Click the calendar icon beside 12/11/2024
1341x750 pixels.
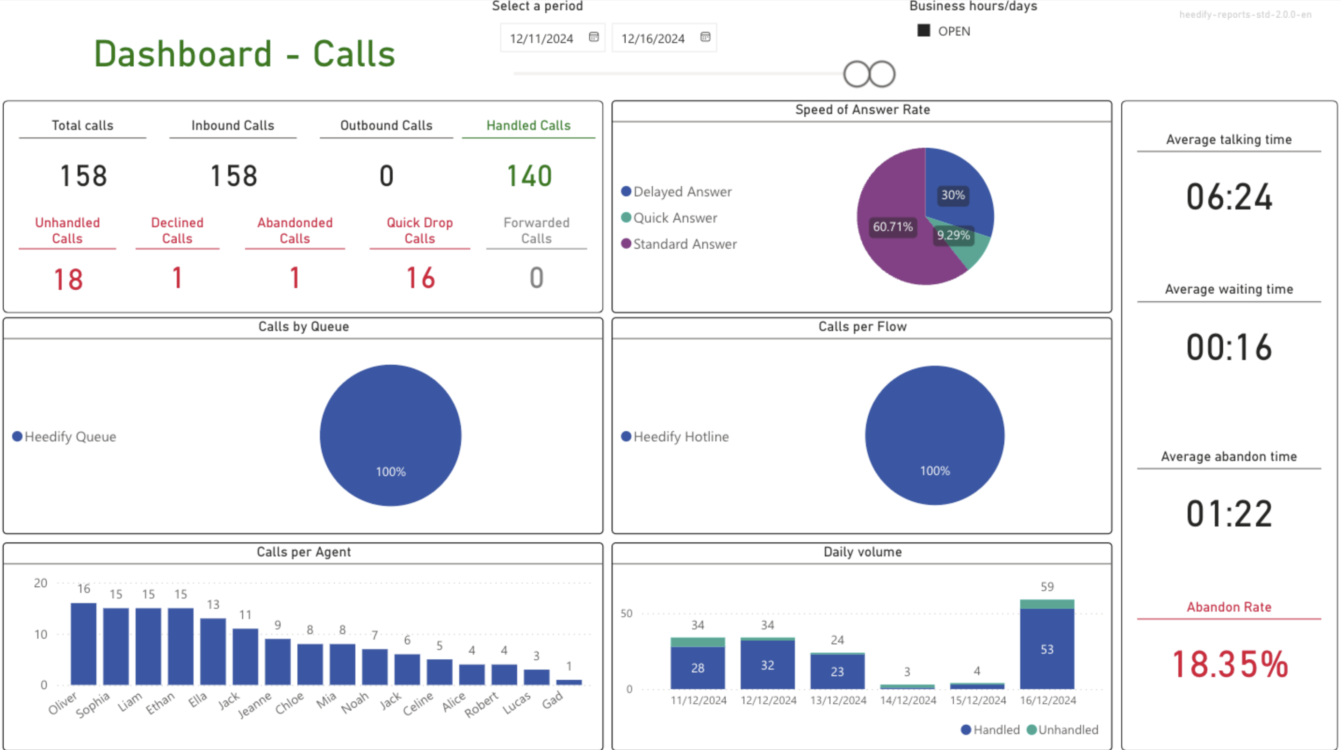[593, 37]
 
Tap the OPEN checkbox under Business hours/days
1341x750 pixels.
[924, 31]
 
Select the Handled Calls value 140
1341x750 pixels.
[529, 176]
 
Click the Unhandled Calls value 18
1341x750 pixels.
[68, 280]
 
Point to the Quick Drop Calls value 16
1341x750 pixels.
[420, 278]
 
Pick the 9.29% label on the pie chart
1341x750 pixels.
[953, 235]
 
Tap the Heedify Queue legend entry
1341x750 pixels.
[65, 437]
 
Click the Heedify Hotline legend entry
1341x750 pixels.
[675, 437]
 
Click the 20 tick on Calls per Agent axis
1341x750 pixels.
[41, 584]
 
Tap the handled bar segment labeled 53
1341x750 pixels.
[1047, 649]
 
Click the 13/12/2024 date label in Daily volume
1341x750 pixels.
[838, 700]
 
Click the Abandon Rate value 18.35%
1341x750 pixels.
[1230, 664]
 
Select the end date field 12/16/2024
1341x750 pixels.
[653, 38]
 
